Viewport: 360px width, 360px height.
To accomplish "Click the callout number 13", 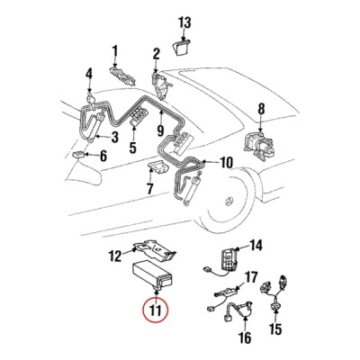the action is point(184,23).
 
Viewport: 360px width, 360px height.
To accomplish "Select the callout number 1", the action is point(115,52).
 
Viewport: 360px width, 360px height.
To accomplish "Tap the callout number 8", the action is point(261,109).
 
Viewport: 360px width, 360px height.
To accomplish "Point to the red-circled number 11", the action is point(156,310).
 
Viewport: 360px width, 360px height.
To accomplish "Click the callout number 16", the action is point(246,337).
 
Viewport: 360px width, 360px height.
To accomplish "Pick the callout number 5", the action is point(132,148).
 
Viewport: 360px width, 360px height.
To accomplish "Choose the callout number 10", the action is point(226,163).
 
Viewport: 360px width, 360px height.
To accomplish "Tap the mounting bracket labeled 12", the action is point(155,248).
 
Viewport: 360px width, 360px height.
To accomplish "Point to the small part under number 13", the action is point(181,48).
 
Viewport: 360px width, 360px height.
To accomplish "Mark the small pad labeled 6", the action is point(79,155).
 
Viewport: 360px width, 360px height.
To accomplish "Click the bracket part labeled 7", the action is point(157,166).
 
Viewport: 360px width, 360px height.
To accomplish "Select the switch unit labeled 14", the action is point(229,257).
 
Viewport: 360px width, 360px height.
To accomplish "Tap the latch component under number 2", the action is point(161,85).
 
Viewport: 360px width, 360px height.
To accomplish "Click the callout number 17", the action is point(251,278).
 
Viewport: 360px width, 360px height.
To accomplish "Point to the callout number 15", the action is point(276,329).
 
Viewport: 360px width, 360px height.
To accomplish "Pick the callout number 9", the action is point(160,130).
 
